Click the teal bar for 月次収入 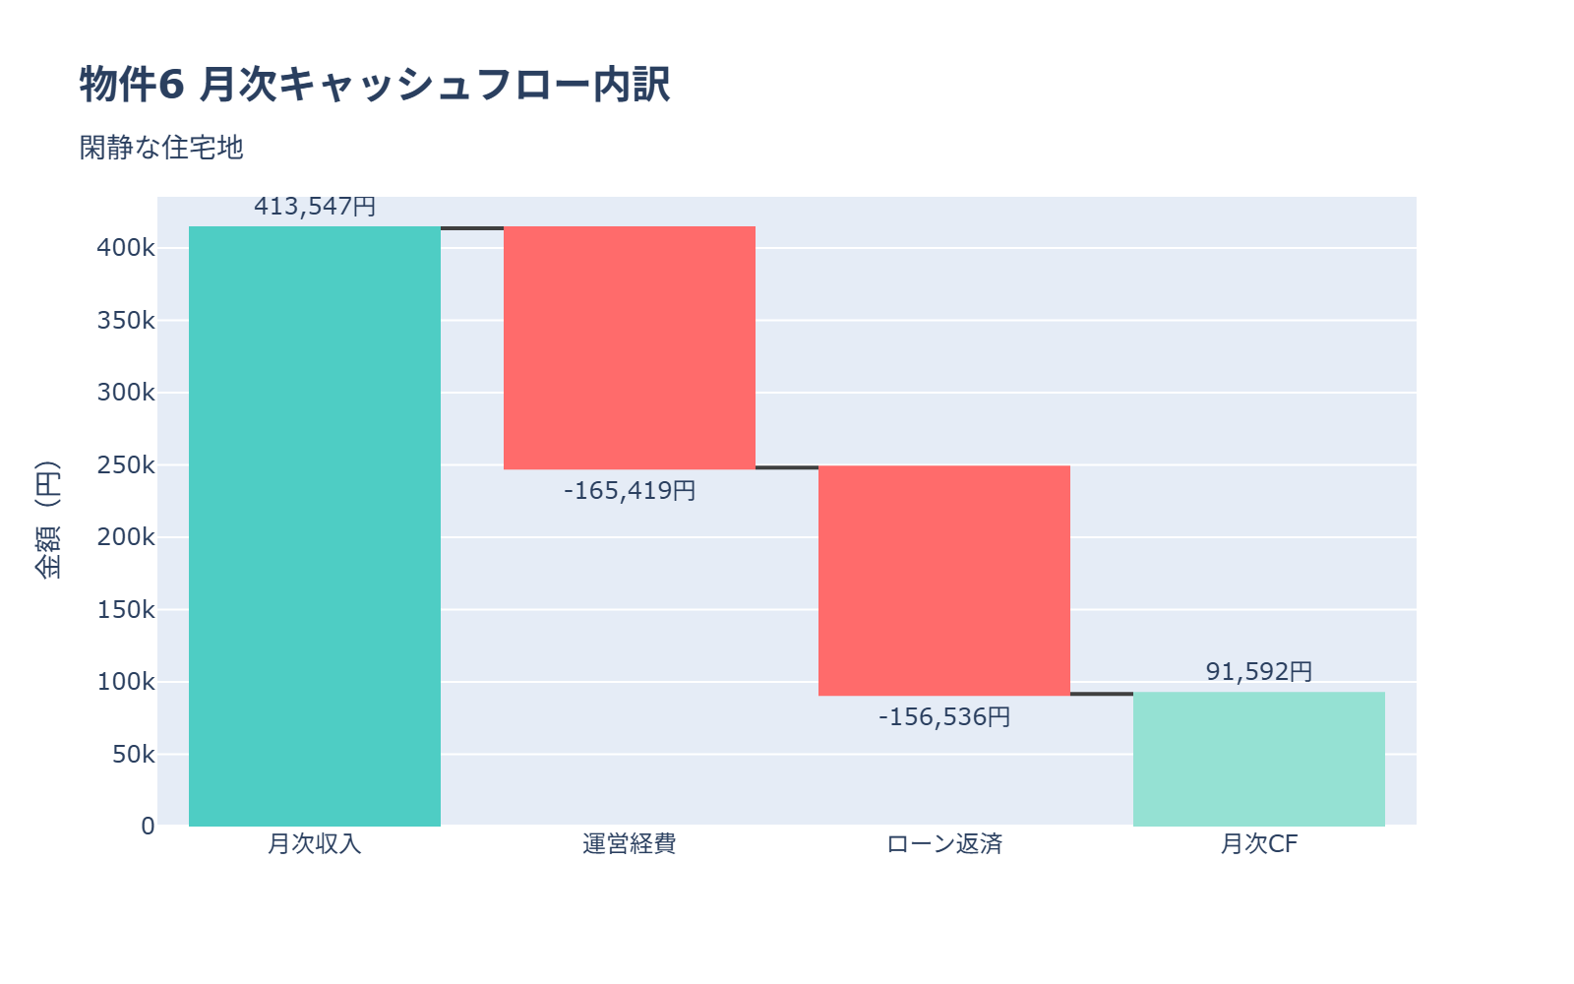point(315,526)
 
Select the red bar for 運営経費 point(630,347)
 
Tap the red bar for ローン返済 point(944,581)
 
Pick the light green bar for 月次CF point(1259,759)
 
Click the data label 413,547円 point(315,207)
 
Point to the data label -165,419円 point(630,490)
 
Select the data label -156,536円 point(944,716)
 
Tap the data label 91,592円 point(1259,671)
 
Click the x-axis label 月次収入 point(315,844)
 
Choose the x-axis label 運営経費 point(630,844)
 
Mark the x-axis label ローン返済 point(944,844)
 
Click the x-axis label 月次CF point(1259,844)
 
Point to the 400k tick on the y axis point(126,248)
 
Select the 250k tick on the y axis point(126,464)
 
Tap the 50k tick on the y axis point(133,755)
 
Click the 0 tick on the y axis point(148,827)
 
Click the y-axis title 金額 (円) point(47,520)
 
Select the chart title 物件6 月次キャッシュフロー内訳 point(375,85)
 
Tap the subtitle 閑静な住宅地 point(161,148)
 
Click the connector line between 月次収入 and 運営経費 point(472,228)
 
